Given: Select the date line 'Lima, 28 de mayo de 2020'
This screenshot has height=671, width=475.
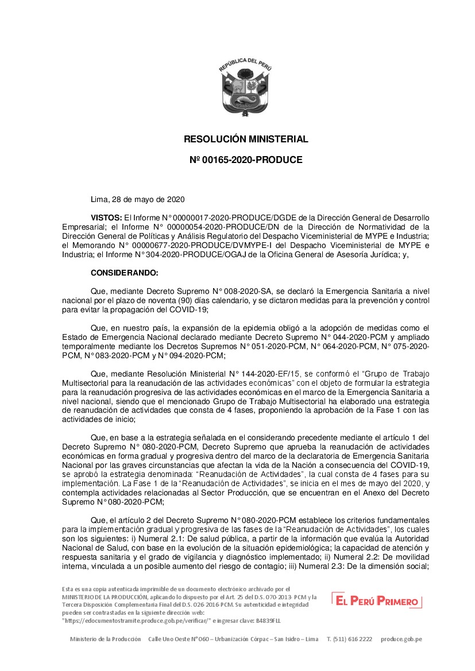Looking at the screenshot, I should click(137, 199).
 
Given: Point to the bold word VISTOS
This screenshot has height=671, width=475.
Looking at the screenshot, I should click(106, 219).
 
